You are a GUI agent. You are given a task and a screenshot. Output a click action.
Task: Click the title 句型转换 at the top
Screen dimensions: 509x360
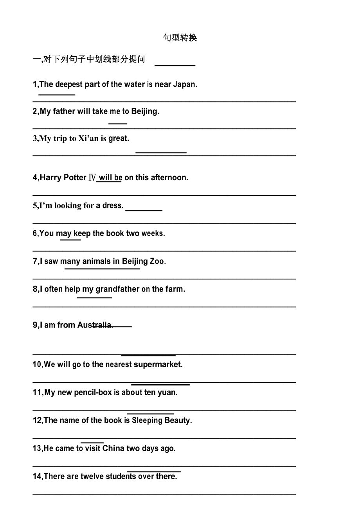[180, 38]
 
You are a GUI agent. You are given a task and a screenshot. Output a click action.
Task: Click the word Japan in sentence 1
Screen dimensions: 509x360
[185, 84]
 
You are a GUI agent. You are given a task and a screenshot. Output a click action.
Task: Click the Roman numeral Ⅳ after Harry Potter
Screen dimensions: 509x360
[92, 177]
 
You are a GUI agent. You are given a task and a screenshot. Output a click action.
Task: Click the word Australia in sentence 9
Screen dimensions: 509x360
[95, 325]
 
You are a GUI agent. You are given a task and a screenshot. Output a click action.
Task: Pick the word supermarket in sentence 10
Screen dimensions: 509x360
[158, 364]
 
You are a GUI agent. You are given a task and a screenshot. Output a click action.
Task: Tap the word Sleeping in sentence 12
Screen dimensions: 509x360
[147, 421]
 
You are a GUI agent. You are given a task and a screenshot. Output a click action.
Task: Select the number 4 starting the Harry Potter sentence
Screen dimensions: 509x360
[35, 177]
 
